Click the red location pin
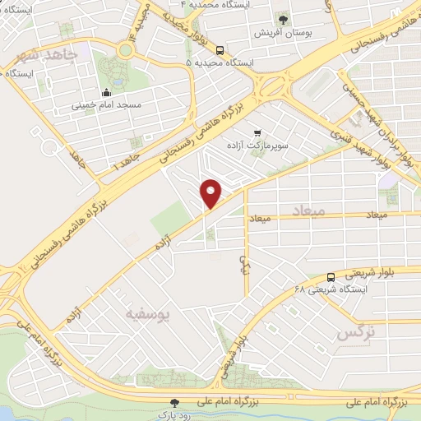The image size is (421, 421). [212, 192]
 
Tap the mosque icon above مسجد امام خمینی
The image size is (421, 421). [107, 92]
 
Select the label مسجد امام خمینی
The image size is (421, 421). [107, 105]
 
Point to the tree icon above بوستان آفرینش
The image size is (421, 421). [284, 17]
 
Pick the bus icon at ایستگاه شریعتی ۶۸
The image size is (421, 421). [331, 276]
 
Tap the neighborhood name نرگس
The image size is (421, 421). [356, 333]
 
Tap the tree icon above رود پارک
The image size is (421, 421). [173, 403]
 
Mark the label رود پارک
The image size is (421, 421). [173, 415]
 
